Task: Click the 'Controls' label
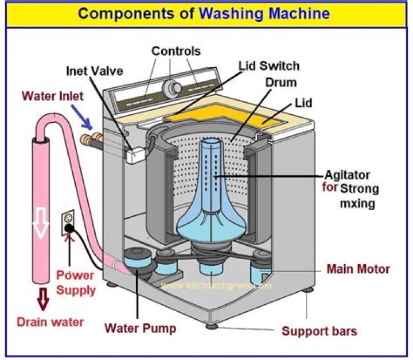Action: [176, 51]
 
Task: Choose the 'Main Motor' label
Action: [358, 269]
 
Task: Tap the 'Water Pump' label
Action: [140, 329]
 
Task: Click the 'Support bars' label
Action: [320, 331]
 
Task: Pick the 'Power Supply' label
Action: [76, 283]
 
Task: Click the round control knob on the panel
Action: [170, 88]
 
